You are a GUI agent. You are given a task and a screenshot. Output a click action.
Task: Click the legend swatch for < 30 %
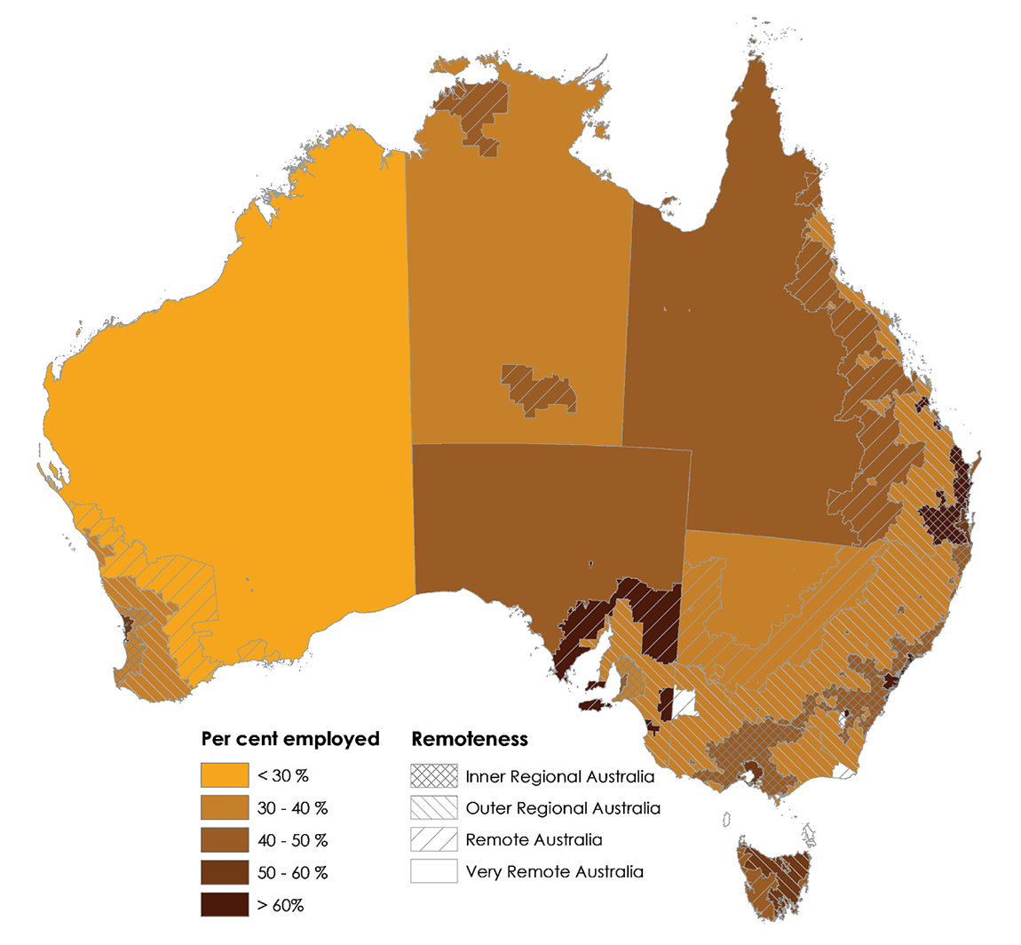click(224, 775)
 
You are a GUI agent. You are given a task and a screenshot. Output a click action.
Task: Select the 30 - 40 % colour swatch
click(224, 808)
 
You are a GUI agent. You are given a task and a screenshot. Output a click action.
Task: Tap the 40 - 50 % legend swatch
click(224, 840)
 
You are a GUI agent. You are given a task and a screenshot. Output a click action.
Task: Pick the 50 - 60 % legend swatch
click(224, 872)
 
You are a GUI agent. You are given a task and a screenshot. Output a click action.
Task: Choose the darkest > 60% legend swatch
click(224, 904)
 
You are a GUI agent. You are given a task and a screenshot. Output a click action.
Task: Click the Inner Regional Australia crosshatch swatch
click(433, 775)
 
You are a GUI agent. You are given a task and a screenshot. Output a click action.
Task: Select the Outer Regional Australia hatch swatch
click(433, 808)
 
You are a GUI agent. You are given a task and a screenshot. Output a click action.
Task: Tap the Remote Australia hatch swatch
click(433, 839)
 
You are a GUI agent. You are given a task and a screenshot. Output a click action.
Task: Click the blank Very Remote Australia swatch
click(433, 871)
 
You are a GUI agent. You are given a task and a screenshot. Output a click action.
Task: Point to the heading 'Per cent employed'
click(290, 739)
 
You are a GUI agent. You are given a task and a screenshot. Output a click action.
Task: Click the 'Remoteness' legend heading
click(470, 739)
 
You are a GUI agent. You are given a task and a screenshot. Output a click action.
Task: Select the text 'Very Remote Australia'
click(554, 872)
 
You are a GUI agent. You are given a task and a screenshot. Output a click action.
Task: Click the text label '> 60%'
click(281, 905)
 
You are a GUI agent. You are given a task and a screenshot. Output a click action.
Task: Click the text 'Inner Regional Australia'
click(559, 776)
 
